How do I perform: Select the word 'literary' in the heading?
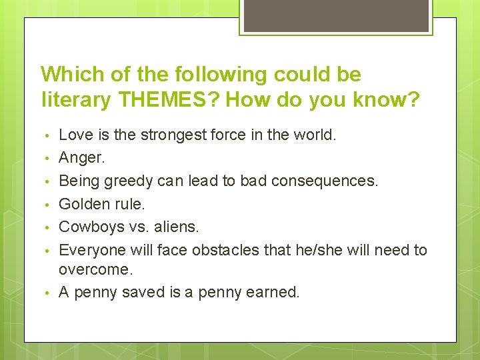pyautogui.click(x=75, y=100)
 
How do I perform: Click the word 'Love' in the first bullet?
pyautogui.click(x=75, y=135)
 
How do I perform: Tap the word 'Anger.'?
pyautogui.click(x=81, y=158)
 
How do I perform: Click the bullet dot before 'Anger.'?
pyautogui.click(x=44, y=159)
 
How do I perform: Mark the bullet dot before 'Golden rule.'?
pyautogui.click(x=44, y=204)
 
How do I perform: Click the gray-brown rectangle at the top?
pyautogui.click(x=335, y=15)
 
